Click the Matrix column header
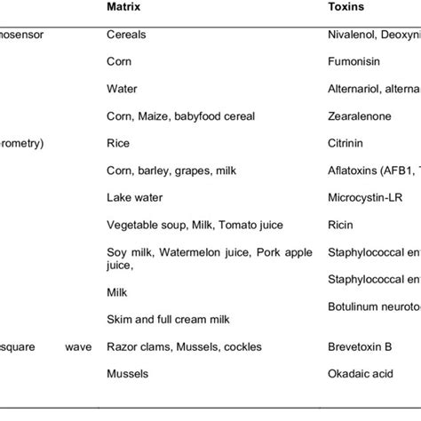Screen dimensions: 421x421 124,6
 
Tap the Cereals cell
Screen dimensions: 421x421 126,34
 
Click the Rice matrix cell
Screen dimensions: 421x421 118,142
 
